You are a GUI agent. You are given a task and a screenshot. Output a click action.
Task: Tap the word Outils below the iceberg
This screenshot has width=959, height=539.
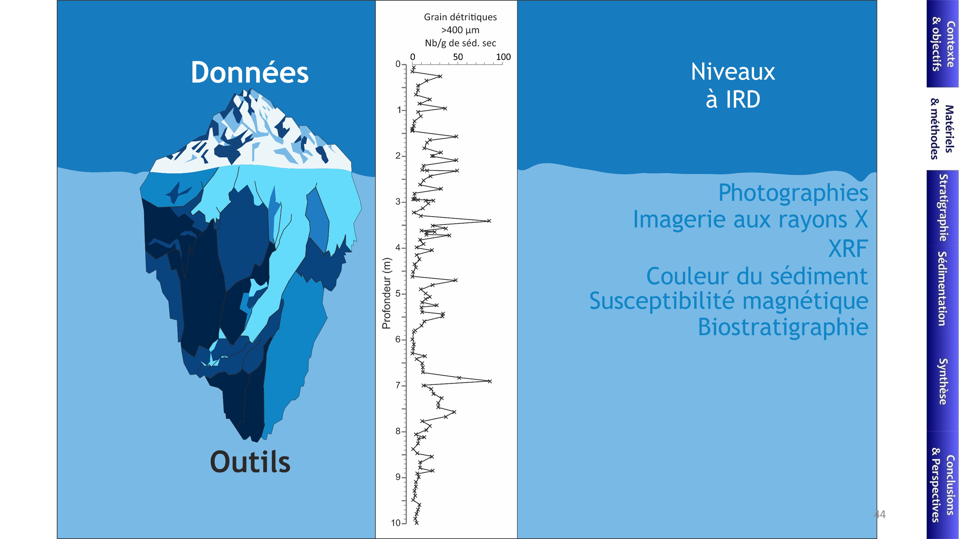[x=250, y=462]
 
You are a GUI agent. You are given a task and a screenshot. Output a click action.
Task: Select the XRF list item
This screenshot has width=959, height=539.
[x=848, y=248]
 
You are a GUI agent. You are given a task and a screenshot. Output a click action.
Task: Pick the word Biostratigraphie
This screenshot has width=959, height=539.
[x=783, y=327]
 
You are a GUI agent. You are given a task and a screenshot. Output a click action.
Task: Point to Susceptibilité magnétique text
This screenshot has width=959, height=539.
[x=729, y=301]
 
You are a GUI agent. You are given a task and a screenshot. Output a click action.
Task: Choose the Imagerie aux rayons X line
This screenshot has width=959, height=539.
[x=750, y=219]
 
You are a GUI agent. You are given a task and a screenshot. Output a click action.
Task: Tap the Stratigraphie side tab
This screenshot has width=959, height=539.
[x=942, y=207]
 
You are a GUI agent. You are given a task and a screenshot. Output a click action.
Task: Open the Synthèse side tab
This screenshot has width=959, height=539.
[x=942, y=381]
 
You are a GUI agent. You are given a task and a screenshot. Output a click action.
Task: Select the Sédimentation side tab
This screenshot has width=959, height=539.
[x=942, y=289]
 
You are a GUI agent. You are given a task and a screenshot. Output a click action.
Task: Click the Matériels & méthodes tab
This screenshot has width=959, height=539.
[x=942, y=129]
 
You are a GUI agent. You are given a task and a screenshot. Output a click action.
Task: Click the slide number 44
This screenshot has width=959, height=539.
[x=880, y=515]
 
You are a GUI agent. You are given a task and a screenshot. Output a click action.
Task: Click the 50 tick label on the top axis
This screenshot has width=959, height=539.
[x=458, y=57]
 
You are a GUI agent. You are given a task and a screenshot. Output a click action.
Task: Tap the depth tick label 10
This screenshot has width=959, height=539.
[x=395, y=523]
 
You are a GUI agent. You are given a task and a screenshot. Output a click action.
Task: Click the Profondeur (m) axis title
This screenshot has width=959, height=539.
[x=386, y=293]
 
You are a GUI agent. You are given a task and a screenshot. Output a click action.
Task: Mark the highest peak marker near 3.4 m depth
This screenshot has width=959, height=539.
[x=489, y=221]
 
